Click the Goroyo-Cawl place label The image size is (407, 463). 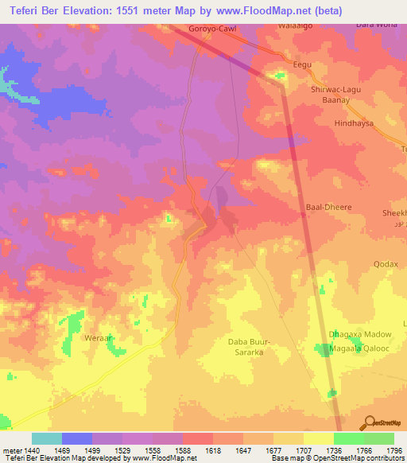[212, 29]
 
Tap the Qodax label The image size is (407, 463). [386, 263]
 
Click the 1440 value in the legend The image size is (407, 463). [31, 450]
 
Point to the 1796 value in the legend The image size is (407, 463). [394, 450]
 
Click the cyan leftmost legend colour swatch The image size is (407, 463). [46, 438]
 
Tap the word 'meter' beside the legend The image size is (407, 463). [12, 450]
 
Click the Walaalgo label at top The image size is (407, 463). [293, 25]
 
